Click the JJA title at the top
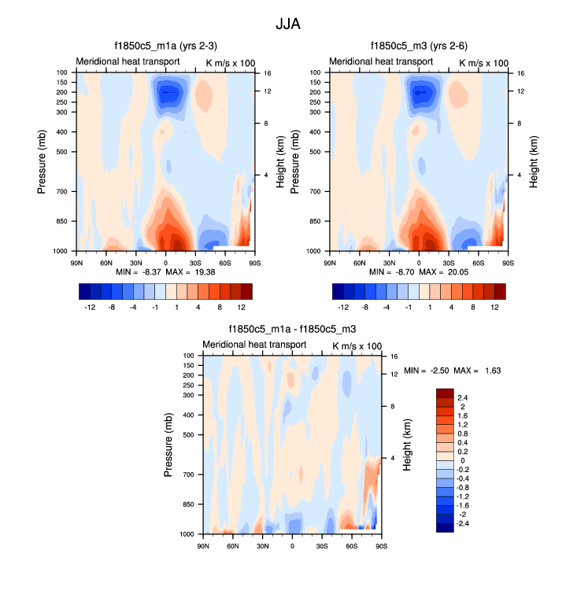coord(287,24)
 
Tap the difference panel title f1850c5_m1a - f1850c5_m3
coord(291,329)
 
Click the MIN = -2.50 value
coord(433,370)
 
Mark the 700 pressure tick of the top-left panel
coord(61,191)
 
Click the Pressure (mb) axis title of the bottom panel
coord(168,445)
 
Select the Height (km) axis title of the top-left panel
coord(280,161)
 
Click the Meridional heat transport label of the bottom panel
coord(254,345)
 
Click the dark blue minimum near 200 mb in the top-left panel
coord(166,93)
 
